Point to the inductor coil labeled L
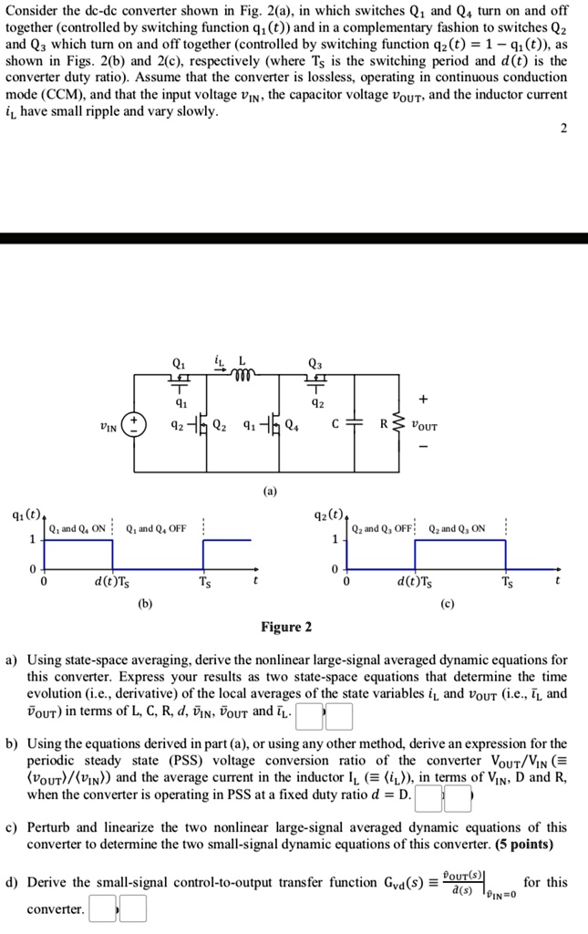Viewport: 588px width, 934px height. click(244, 373)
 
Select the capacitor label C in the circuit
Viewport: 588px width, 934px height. click(336, 424)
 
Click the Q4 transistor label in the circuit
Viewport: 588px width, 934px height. click(290, 424)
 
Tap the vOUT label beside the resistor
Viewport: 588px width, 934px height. click(425, 425)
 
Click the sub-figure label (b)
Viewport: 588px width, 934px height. click(146, 604)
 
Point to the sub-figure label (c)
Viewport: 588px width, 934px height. click(447, 604)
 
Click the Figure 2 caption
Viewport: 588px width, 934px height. click(286, 628)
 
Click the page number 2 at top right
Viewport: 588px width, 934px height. click(563, 128)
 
